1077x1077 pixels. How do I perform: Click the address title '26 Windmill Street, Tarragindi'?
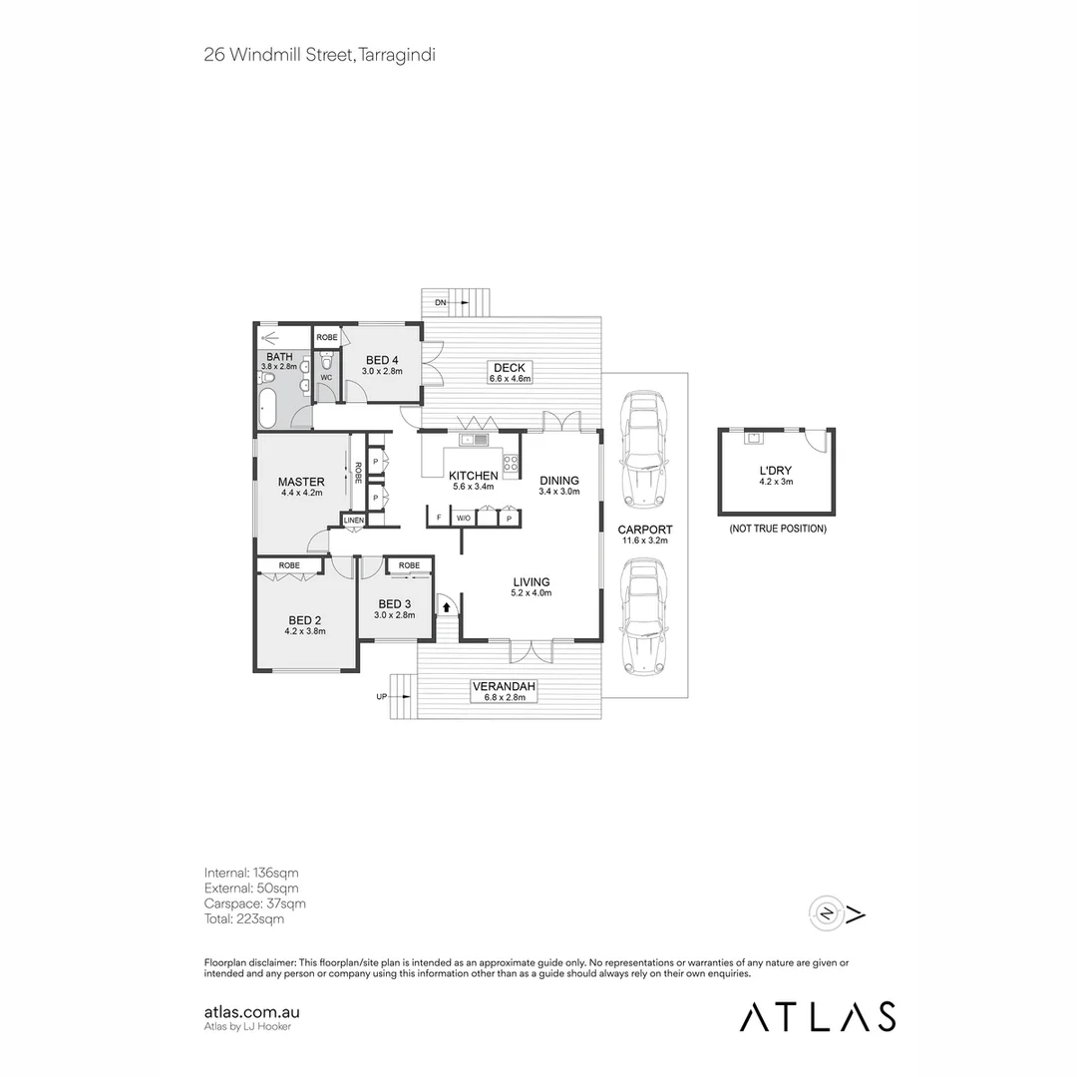[319, 55]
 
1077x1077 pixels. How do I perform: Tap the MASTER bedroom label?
[300, 482]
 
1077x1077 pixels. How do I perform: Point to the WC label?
[326, 378]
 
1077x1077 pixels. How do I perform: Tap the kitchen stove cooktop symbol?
[510, 463]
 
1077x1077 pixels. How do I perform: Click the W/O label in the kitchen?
[464, 519]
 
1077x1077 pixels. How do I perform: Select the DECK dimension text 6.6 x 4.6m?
[510, 379]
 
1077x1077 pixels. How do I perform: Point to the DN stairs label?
[440, 301]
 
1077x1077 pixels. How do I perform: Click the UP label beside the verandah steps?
[381, 697]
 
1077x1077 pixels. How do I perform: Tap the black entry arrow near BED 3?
[447, 604]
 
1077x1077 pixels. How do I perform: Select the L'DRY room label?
[775, 470]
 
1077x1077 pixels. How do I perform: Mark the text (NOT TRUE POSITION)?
[777, 529]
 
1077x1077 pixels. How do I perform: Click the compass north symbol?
[828, 911]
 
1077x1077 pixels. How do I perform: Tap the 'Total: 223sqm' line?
[243, 918]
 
